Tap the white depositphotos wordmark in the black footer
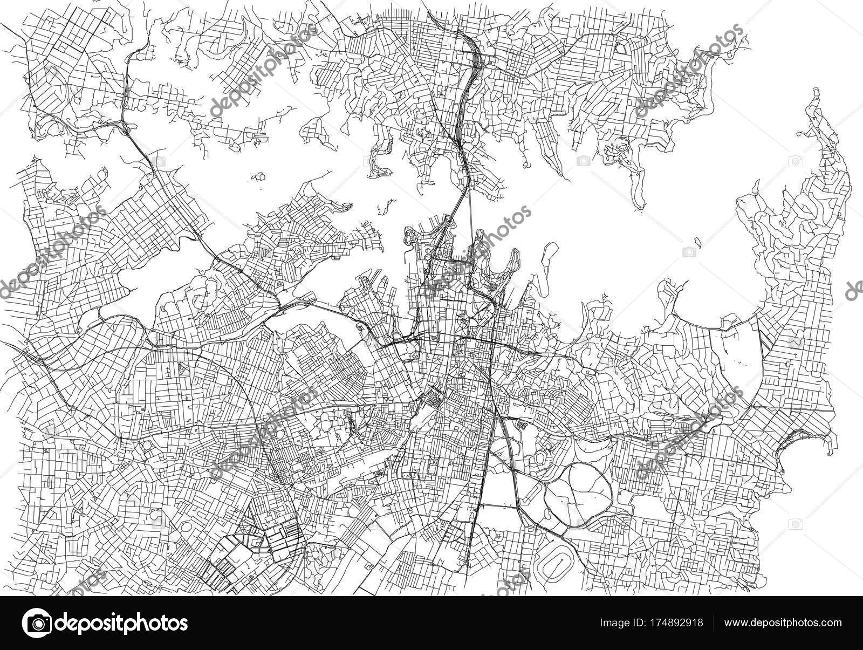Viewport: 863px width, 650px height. point(124,622)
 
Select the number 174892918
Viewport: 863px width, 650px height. point(679,622)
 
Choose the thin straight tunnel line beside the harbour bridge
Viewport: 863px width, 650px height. point(470,216)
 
